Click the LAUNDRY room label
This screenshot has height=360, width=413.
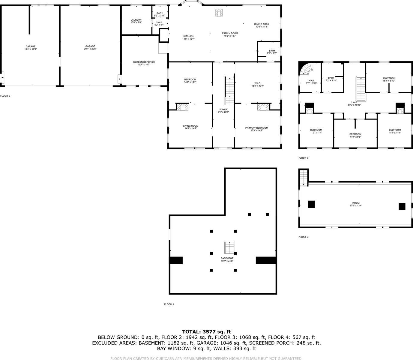click(136, 20)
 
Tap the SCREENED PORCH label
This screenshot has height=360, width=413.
click(144, 62)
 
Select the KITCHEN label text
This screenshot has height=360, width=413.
click(188, 36)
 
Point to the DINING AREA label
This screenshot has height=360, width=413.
click(262, 24)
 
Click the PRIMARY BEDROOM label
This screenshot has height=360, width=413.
click(256, 128)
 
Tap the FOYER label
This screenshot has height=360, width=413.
click(223, 109)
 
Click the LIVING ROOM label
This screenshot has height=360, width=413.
click(190, 126)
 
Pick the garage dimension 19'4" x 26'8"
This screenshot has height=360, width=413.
click(30, 49)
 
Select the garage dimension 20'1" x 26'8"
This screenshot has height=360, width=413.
click(90, 49)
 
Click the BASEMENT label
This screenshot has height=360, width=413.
click(227, 258)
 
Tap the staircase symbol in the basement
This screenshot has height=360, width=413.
click(230, 247)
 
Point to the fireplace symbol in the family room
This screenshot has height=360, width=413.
click(219, 12)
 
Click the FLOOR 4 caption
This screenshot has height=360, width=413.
click(303, 237)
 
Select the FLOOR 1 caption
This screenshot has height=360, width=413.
click(169, 304)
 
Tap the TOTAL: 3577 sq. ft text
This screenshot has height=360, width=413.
click(206, 331)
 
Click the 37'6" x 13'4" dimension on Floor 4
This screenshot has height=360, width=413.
click(356, 206)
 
